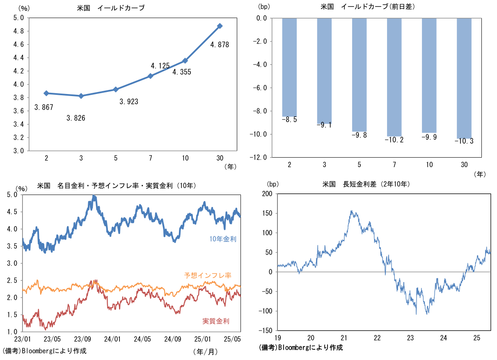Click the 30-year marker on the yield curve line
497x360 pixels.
coord(220,26)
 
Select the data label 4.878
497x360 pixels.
coord(220,44)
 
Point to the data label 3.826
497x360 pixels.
coord(76,118)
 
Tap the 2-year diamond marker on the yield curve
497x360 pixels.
coord(46,93)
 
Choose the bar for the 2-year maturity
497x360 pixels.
coord(289,67)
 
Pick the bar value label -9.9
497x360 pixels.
coord(429,137)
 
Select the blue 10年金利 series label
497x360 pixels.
coord(223,238)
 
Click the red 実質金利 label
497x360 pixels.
coord(215,321)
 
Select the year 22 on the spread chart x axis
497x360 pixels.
coord(377,338)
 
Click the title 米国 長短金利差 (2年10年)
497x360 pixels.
coord(366,184)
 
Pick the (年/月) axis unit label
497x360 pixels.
coord(205,351)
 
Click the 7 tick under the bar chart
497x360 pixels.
coord(394,165)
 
